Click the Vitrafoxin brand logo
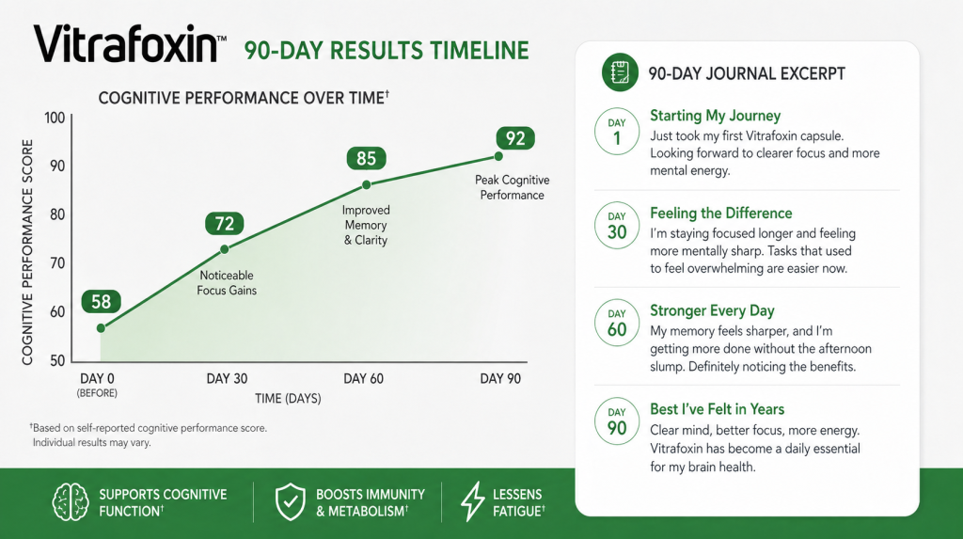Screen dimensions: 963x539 (x=130, y=44)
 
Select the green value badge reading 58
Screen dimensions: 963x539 (x=102, y=301)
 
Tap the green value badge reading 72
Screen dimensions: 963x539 (x=224, y=223)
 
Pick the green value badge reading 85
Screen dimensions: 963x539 (x=366, y=158)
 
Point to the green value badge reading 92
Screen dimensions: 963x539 (x=515, y=138)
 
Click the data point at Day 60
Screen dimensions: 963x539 (x=366, y=184)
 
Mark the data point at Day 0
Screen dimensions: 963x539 (x=101, y=328)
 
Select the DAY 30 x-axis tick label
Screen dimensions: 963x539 (x=227, y=378)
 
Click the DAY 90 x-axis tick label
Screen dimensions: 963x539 (x=500, y=378)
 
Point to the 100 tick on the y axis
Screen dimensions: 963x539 (x=55, y=118)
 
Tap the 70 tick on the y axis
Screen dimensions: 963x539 (x=57, y=263)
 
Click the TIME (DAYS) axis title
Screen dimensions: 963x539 (x=288, y=398)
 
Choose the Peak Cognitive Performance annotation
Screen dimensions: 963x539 (x=512, y=187)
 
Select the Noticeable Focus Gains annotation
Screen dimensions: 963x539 (x=227, y=283)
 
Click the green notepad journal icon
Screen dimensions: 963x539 (x=620, y=72)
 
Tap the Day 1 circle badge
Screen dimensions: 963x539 (x=617, y=132)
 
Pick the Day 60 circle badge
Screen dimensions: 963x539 (x=617, y=324)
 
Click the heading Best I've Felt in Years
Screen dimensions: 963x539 (x=717, y=409)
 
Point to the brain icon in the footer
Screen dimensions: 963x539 (x=70, y=502)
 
